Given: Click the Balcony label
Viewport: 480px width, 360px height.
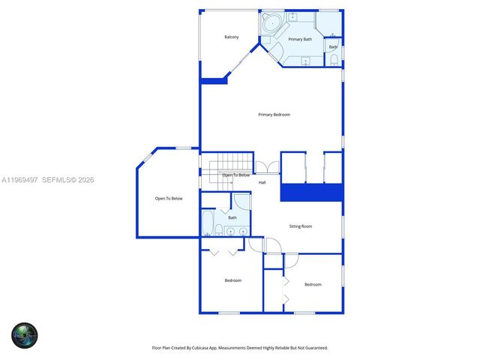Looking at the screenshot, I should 232,37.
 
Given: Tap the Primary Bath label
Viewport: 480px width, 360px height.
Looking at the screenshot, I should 300,39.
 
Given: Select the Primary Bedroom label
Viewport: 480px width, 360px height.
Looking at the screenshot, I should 274,115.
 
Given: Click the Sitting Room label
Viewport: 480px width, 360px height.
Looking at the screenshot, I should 301,226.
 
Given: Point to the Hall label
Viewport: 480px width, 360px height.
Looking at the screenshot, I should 262,182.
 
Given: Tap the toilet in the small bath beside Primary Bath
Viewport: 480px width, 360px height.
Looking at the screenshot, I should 334,60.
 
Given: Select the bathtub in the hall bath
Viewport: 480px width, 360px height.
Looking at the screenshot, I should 208,223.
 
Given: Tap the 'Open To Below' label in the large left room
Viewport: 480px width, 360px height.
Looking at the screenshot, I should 169,199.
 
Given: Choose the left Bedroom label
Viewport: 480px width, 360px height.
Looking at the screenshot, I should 233,280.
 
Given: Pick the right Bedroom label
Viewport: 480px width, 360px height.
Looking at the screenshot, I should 313,284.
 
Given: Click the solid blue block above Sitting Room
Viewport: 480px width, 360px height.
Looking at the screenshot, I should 311,192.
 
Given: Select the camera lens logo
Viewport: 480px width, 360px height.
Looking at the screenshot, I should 24,334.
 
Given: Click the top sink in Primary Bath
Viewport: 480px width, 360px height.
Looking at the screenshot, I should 293,16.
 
